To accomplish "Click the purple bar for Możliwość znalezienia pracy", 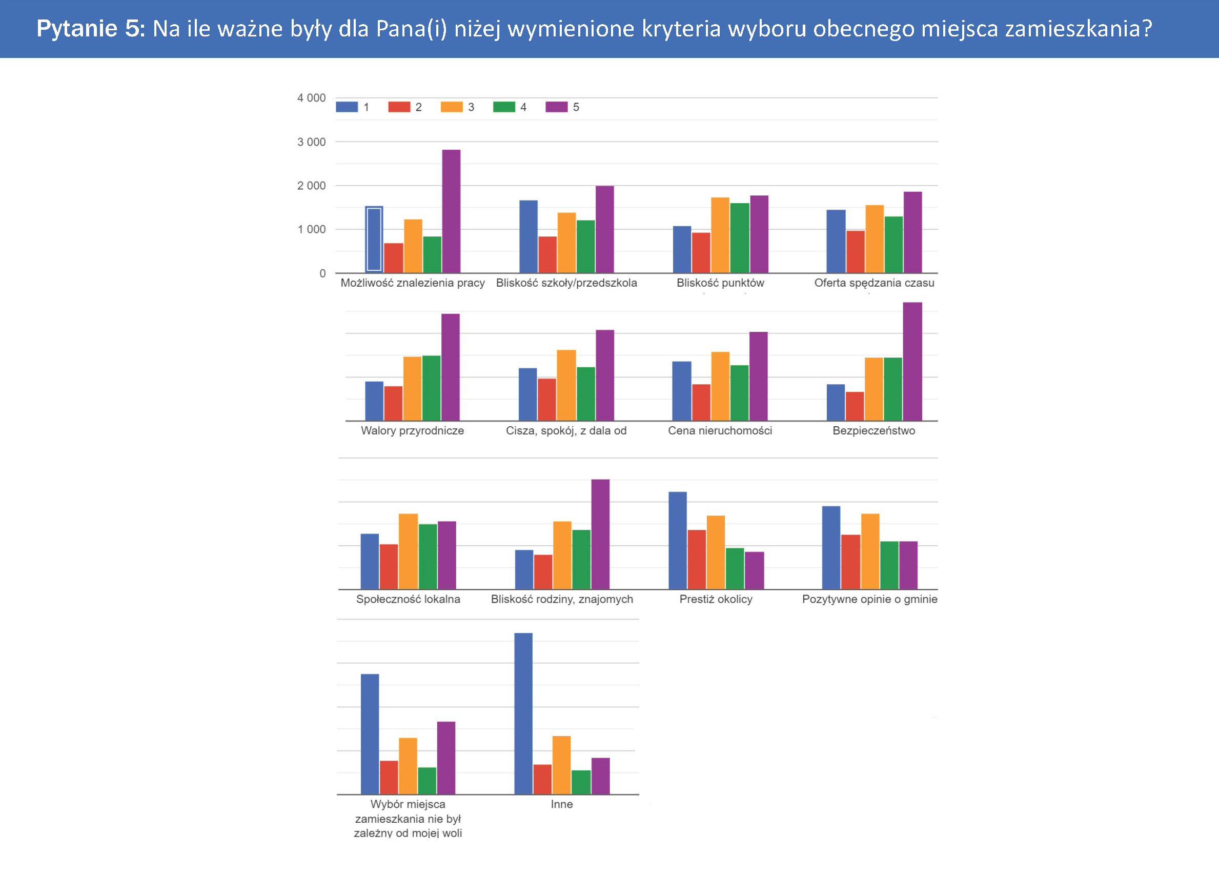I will pyautogui.click(x=451, y=211).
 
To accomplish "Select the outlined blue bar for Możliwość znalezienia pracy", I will pyautogui.click(x=374, y=239).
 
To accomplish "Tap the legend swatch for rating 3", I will pyautogui.click(x=451, y=107).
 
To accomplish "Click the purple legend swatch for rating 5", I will pyautogui.click(x=556, y=107).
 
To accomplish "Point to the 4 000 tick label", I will pyautogui.click(x=311, y=98).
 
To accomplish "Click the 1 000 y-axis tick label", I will pyautogui.click(x=311, y=229).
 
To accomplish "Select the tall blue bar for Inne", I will pyautogui.click(x=523, y=713).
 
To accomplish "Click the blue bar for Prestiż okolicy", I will pyautogui.click(x=677, y=540).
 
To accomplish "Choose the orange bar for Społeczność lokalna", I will pyautogui.click(x=408, y=551).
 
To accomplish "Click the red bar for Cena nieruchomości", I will pyautogui.click(x=701, y=402).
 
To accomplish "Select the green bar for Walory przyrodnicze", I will pyautogui.click(x=431, y=388).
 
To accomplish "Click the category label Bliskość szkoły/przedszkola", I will pyautogui.click(x=566, y=283).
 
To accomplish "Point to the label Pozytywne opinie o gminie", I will pyautogui.click(x=869, y=599).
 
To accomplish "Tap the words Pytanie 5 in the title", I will pyautogui.click(x=90, y=28).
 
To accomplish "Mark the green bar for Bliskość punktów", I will pyautogui.click(x=739, y=238).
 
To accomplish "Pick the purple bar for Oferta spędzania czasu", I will pyautogui.click(x=912, y=232).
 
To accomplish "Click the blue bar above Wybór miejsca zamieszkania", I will pyautogui.click(x=370, y=734).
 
